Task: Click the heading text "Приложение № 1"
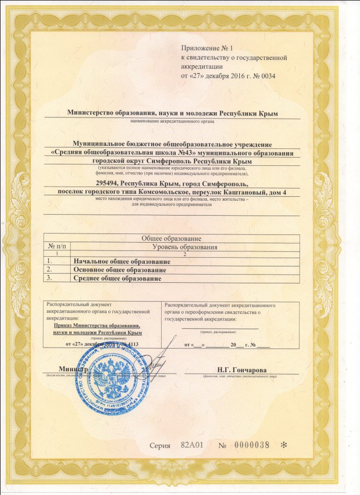(x=207, y=48)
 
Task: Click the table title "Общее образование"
(x=171, y=239)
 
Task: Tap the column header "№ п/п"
(x=57, y=247)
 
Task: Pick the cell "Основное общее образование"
(x=120, y=270)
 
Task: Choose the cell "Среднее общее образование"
(x=117, y=278)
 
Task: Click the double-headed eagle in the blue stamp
(x=110, y=382)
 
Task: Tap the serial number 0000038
(x=252, y=445)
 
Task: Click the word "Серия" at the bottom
(x=160, y=445)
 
